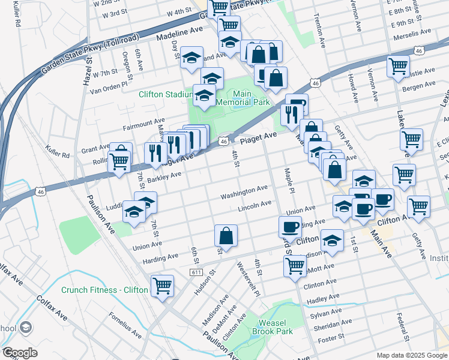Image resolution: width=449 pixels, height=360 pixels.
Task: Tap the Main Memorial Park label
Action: point(243,98)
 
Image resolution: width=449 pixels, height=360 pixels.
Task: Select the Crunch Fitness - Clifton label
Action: point(104,290)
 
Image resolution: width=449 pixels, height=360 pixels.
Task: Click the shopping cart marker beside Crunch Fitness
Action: point(162,286)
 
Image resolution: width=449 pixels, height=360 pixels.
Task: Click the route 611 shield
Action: point(196,272)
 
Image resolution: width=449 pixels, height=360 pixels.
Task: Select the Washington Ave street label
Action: point(244,192)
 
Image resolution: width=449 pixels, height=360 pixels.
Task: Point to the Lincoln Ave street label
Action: point(255,205)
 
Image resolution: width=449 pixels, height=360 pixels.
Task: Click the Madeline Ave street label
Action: point(180,33)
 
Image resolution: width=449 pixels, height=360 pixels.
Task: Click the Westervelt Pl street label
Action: point(247,280)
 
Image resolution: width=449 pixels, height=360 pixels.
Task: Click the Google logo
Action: point(20,353)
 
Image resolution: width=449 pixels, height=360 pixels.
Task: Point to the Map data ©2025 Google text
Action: point(411,355)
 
